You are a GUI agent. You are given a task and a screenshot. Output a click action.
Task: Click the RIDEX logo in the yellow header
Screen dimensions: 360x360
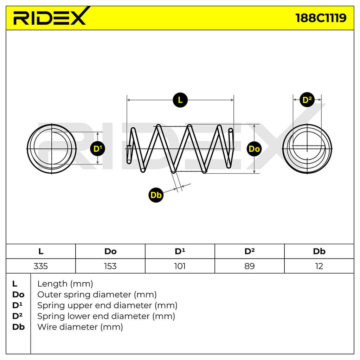[51, 16]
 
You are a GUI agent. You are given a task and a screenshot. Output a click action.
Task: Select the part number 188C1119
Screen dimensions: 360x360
[321, 18]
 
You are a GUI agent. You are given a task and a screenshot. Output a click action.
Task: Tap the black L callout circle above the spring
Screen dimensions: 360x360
[180, 100]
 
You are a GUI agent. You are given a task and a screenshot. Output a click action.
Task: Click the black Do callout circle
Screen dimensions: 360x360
[254, 149]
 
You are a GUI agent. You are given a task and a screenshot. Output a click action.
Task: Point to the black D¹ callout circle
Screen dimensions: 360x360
[98, 149]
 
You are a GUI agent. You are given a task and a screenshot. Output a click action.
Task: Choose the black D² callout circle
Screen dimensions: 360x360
[307, 100]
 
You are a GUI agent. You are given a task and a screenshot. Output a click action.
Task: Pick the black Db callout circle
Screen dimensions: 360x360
[156, 195]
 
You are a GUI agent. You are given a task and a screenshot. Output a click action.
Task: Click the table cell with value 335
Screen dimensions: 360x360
[41, 266]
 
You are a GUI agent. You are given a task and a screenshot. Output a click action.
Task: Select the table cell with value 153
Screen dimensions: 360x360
[110, 266]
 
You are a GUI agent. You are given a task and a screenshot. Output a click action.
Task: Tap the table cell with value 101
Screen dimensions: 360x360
[180, 266]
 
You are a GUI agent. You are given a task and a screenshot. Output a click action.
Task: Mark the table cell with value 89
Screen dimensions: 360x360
[250, 266]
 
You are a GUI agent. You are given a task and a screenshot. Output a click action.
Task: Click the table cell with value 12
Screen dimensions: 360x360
[319, 266]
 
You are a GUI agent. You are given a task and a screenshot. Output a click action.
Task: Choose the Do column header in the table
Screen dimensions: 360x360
[110, 251]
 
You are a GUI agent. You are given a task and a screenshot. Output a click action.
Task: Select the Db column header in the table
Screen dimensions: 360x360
[319, 251]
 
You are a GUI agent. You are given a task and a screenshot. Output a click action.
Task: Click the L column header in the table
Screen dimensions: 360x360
[41, 251]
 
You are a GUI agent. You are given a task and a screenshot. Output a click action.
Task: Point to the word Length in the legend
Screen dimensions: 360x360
[52, 284]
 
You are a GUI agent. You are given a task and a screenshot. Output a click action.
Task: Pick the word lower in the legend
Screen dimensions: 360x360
[79, 316]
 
